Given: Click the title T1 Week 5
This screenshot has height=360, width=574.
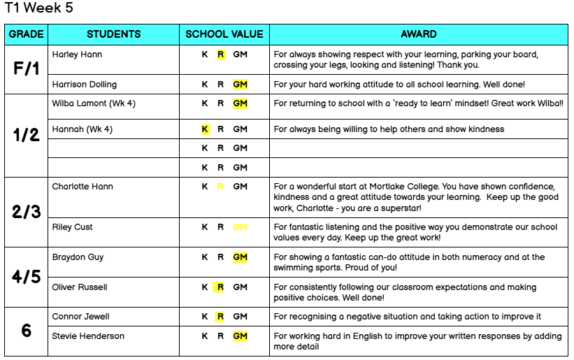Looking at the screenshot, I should pyautogui.click(x=38, y=8).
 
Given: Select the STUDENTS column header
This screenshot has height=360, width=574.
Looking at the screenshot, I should pyautogui.click(x=114, y=34).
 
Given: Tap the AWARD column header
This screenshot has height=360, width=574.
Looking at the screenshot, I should pyautogui.click(x=419, y=34).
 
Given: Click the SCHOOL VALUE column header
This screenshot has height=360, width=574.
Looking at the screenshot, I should pyautogui.click(x=224, y=34).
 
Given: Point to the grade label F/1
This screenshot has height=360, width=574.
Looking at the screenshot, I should pyautogui.click(x=27, y=69).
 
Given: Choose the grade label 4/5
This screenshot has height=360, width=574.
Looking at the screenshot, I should pyautogui.click(x=27, y=277).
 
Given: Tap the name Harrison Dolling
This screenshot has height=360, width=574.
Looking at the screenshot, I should pyautogui.click(x=85, y=85).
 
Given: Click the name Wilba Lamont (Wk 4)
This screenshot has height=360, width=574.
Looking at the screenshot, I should pyautogui.click(x=94, y=103).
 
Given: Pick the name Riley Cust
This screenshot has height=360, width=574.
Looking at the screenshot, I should pyautogui.click(x=73, y=227).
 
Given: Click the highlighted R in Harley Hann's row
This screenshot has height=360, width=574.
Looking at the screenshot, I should pyautogui.click(x=221, y=54).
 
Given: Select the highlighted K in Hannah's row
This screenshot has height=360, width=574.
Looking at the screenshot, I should pyautogui.click(x=205, y=129).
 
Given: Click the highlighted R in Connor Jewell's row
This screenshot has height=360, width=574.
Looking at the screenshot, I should pyautogui.click(x=220, y=317).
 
